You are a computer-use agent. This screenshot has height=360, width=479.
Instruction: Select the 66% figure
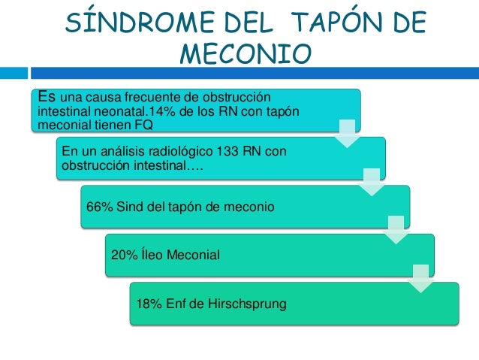click(99, 206)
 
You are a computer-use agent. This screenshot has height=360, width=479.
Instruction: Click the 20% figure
click(123, 255)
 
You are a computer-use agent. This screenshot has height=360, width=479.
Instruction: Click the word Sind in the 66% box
click(128, 206)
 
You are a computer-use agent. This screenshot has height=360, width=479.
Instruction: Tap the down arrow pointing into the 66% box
click(372, 182)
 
